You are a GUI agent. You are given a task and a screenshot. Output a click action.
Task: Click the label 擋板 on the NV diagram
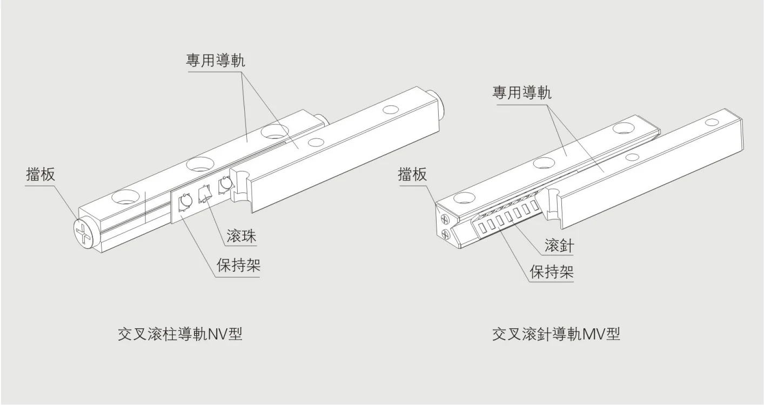coord(41,174)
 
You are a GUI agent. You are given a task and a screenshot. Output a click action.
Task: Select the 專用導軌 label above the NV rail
coord(215,60)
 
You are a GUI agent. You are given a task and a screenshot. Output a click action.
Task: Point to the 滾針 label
coord(559,247)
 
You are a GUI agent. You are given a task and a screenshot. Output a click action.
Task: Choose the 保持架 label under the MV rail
coord(551,271)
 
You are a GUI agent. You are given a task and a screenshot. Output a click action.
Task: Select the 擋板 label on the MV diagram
coord(412,174)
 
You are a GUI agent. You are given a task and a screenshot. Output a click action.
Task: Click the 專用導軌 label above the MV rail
coord(521,92)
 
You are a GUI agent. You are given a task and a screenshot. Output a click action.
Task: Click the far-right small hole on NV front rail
coord(388,110)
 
